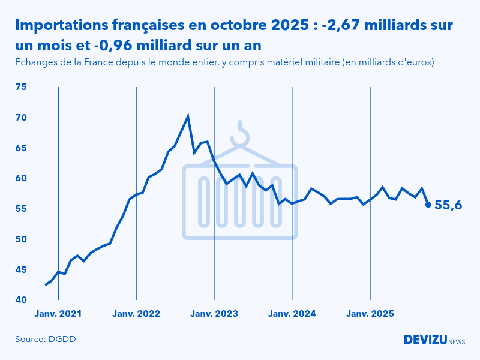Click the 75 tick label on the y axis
[x=21, y=87]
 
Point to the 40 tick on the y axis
[x=21, y=300]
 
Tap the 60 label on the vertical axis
[x=21, y=178]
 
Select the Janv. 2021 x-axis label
[x=58, y=314]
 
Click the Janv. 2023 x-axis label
[x=214, y=314]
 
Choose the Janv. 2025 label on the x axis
[x=370, y=314]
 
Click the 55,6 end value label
[x=448, y=205]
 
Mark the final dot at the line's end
[x=428, y=205]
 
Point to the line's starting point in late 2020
[x=46, y=284]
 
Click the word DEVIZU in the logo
[x=425, y=340]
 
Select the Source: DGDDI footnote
[x=47, y=340]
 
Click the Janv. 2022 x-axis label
[x=136, y=314]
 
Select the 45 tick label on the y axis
[x=21, y=269]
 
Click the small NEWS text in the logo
[x=457, y=341]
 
